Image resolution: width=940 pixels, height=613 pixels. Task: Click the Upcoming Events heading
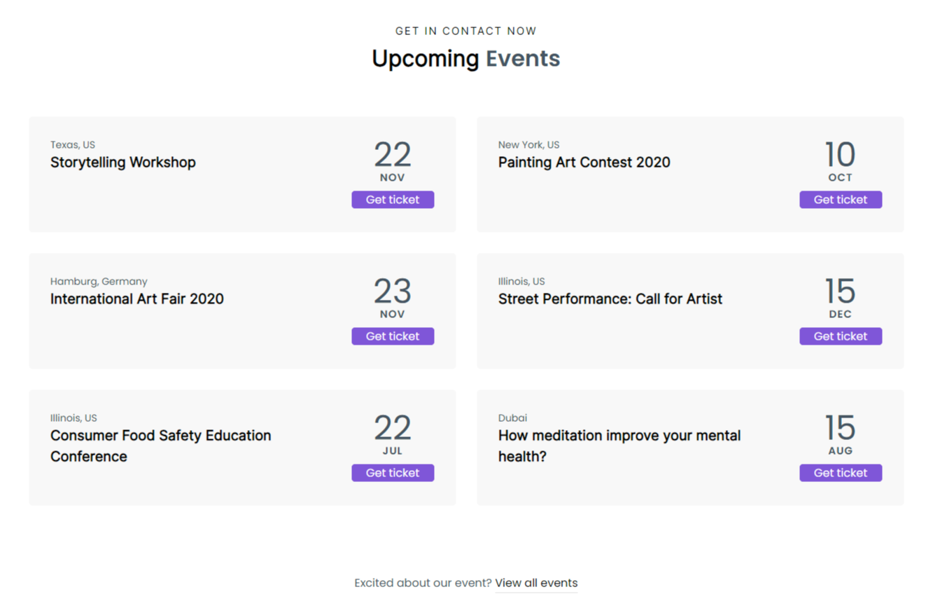point(465,59)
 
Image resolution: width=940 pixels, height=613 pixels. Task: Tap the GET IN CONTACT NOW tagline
point(465,31)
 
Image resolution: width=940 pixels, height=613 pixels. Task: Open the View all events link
point(536,583)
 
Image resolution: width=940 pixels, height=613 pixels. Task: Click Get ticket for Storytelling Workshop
point(393,200)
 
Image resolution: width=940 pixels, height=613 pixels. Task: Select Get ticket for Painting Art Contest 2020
point(841,200)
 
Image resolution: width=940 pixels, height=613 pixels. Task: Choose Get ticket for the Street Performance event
point(841,336)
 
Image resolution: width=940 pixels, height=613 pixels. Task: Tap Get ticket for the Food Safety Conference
point(393,473)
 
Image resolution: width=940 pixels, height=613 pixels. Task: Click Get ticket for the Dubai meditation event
point(841,473)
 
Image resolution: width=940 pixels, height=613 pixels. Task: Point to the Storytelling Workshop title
point(123,163)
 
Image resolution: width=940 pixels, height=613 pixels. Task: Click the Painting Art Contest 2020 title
point(584,163)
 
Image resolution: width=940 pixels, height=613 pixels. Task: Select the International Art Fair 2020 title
point(137,299)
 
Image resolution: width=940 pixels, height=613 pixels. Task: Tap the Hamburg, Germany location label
point(99,282)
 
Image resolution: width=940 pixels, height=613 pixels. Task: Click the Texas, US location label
point(73,145)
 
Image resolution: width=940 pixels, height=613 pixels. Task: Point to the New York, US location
point(528,145)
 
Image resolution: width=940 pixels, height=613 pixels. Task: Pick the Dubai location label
point(512,418)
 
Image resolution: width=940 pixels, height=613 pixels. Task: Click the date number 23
point(393,291)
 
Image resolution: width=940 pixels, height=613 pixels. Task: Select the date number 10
point(840,155)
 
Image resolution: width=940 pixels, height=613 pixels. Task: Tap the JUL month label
point(393,451)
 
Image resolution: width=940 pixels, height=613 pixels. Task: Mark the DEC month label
point(840,315)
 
